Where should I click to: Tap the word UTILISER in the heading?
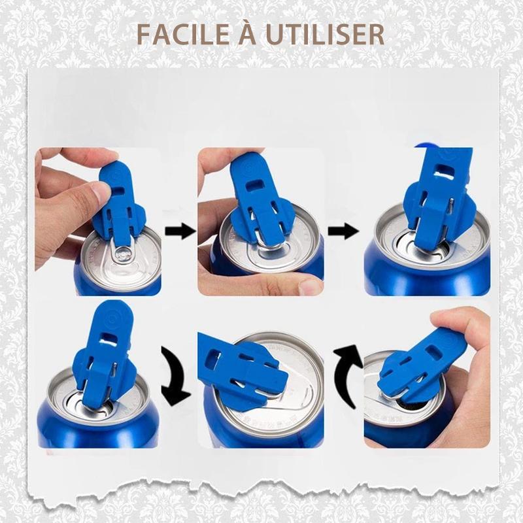324,34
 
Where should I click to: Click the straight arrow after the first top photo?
179,230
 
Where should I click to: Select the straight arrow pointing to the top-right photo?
342,230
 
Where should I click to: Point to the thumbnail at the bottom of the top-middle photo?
307,286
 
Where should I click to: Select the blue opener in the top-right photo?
435,196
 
